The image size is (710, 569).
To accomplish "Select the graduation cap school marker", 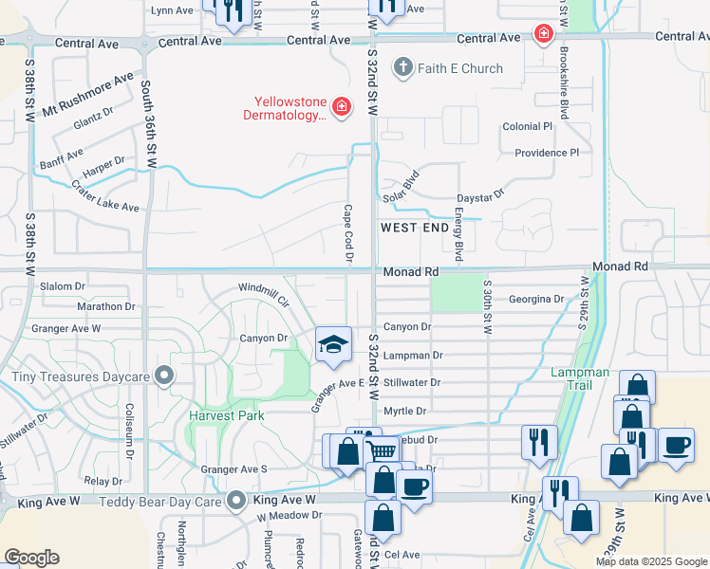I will point(333,344).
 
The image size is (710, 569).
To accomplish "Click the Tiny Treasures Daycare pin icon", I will point(164,376).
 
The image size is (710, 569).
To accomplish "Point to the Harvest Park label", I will point(227,415).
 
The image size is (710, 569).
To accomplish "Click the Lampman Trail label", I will point(579,373).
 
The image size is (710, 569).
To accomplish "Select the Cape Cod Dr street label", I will point(348,233).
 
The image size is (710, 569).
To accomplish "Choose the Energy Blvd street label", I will point(458,237).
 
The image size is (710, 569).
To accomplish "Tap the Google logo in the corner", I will point(31,557).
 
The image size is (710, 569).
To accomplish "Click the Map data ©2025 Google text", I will point(651,561).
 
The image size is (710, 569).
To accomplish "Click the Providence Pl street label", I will point(546,153).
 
